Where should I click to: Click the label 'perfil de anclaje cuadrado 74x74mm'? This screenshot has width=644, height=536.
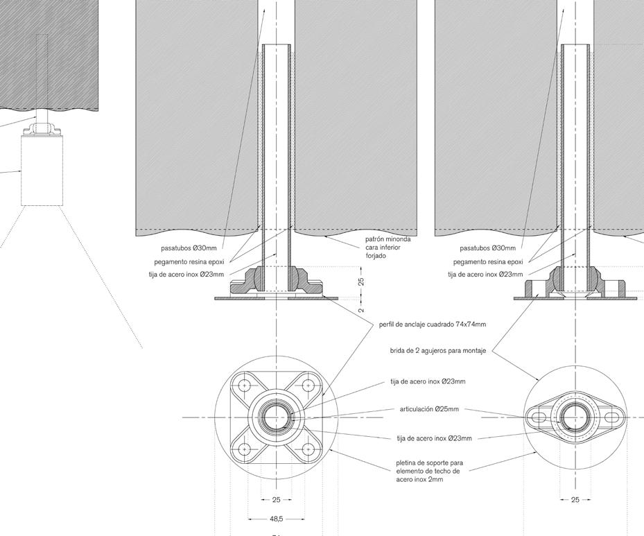[432, 325]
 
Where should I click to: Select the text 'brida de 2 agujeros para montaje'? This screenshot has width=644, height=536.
[437, 351]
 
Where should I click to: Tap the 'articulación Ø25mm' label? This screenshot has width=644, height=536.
[429, 409]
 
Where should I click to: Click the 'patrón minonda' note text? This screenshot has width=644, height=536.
[388, 248]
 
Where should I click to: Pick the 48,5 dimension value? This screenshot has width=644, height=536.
[276, 518]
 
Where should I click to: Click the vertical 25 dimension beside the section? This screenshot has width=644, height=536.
[361, 281]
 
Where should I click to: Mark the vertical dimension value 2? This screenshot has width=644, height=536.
[361, 309]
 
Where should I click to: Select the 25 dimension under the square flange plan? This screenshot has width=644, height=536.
[276, 499]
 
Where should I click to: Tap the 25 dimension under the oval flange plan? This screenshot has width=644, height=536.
[575, 499]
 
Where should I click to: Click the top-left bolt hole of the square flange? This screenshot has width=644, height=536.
[245, 386]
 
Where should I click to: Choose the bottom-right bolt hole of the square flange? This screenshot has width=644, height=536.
[307, 449]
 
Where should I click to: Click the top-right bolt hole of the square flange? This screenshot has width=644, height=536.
[307, 386]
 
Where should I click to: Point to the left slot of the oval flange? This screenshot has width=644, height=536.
[538, 417]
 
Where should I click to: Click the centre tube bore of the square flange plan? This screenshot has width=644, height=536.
[276, 417]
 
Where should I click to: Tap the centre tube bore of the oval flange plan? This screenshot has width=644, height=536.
[575, 417]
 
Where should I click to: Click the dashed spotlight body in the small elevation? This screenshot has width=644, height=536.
[42, 171]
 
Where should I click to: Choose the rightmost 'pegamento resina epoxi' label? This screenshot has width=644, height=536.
[488, 262]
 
